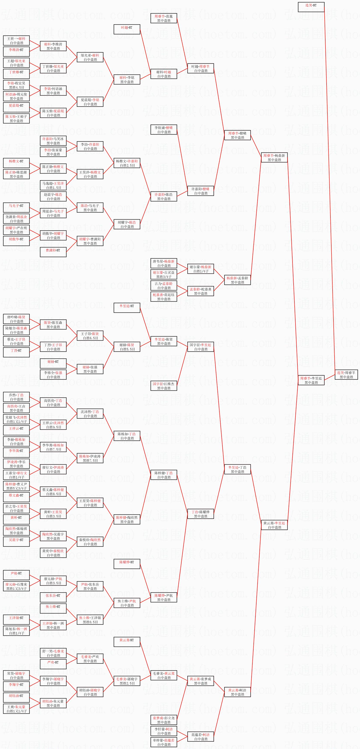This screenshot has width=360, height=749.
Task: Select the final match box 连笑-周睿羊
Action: click(346, 374)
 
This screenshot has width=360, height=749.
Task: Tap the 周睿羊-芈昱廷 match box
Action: click(311, 380)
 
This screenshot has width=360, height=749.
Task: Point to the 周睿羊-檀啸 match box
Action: click(237, 135)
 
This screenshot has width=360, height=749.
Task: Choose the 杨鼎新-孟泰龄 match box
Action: click(237, 280)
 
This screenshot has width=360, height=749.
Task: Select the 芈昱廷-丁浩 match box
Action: click(237, 469)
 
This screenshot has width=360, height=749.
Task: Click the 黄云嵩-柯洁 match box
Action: click(237, 692)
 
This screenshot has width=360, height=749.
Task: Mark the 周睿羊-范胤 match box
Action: click(164, 18)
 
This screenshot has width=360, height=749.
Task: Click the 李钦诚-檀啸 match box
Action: click(164, 130)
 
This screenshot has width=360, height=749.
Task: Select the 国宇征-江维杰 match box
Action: click(164, 386)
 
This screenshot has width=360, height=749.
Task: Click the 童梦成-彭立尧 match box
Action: click(164, 720)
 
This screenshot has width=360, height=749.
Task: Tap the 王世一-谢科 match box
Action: click(16, 40)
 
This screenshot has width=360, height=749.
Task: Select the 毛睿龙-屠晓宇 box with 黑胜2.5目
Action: click(127, 681)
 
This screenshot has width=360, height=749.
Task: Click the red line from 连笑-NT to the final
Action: click(330, 189)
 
